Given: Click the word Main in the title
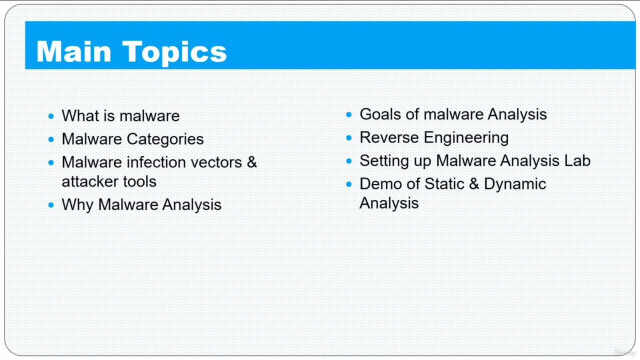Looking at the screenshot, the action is coord(74,51).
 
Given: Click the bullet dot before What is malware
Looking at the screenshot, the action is coord(51,116).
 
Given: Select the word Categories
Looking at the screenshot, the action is coord(165,139).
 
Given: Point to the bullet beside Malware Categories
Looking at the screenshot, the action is coord(51,139).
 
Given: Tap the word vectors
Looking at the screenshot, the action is coord(216,163).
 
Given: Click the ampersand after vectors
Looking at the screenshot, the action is coord(251,162).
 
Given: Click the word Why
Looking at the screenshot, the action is coord(77,205).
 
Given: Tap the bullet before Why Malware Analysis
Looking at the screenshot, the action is coord(51,205).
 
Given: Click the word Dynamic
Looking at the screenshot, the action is coord(515,184).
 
